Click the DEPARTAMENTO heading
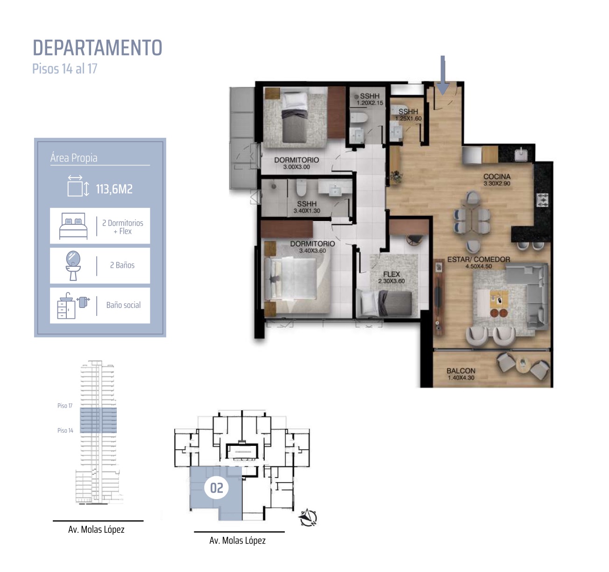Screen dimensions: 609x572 click(x=97, y=48)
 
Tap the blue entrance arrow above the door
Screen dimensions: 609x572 click(x=442, y=75)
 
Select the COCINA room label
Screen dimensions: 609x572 click(x=497, y=177)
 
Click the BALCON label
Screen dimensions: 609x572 click(x=461, y=371)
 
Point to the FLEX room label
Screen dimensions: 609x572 click(x=391, y=274)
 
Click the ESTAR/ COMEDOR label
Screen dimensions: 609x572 click(x=479, y=259)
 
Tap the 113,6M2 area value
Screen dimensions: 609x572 click(x=114, y=189)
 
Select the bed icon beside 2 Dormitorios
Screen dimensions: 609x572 click(x=73, y=226)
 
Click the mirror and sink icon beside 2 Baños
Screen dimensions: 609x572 click(x=73, y=266)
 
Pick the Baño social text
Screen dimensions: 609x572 click(x=124, y=305)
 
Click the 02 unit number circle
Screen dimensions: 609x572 click(x=217, y=488)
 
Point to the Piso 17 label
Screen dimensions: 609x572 click(x=65, y=406)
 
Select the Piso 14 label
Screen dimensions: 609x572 click(x=65, y=430)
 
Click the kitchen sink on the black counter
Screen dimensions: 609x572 click(x=521, y=154)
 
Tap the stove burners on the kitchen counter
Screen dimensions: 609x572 click(x=543, y=200)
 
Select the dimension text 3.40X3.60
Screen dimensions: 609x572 click(x=312, y=250)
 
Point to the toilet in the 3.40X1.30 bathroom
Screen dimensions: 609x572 click(x=301, y=188)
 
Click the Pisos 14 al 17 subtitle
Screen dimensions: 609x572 click(x=65, y=69)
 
